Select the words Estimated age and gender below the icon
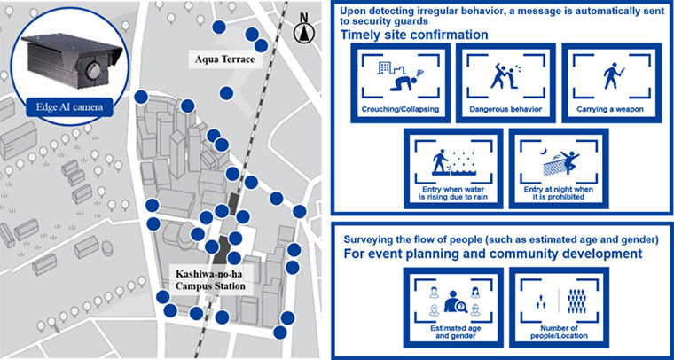[453, 333]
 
